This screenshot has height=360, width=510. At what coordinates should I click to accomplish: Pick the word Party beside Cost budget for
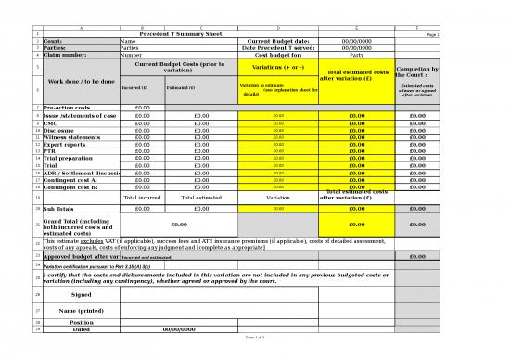[x=356, y=55]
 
